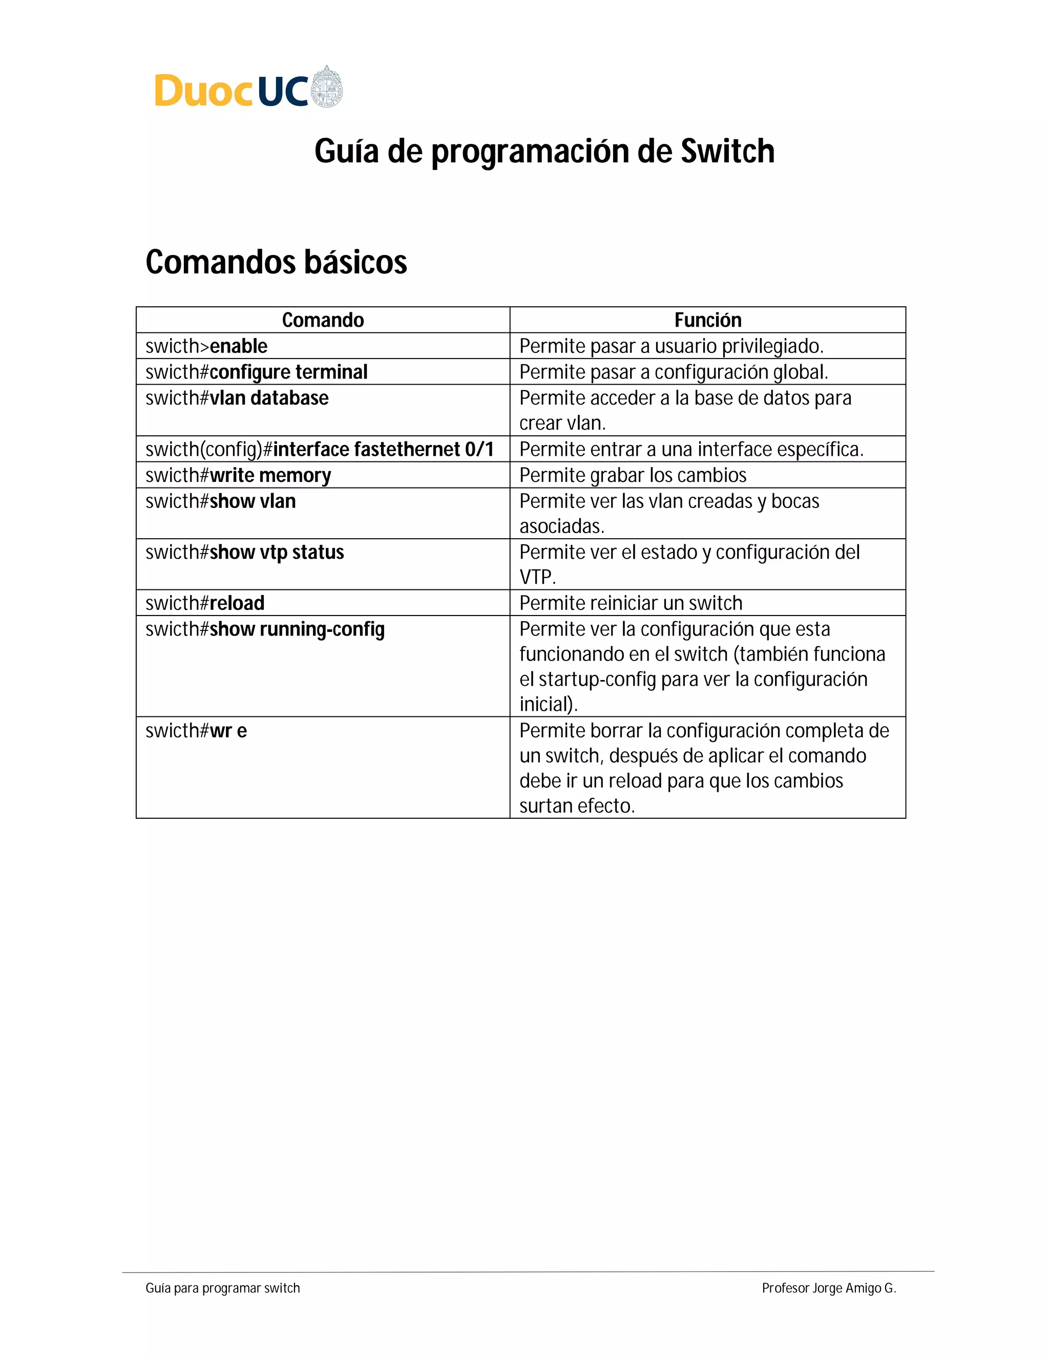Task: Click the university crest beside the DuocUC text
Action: point(326,87)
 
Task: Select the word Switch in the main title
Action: point(727,151)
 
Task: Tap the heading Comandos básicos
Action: point(276,262)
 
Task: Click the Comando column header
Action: point(323,320)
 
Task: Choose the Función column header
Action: point(707,320)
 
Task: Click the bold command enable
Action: point(239,346)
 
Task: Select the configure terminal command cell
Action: point(288,372)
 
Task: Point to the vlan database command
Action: point(268,398)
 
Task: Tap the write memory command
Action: point(270,475)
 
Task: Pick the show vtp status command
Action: point(277,553)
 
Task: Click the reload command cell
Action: point(237,603)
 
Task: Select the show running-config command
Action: point(297,629)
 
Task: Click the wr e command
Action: point(228,731)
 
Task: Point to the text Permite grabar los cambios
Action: point(633,475)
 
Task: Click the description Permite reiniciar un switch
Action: point(630,603)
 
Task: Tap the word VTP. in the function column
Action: point(537,578)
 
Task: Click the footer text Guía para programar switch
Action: point(222,1288)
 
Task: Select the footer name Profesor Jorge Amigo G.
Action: point(828,1288)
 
